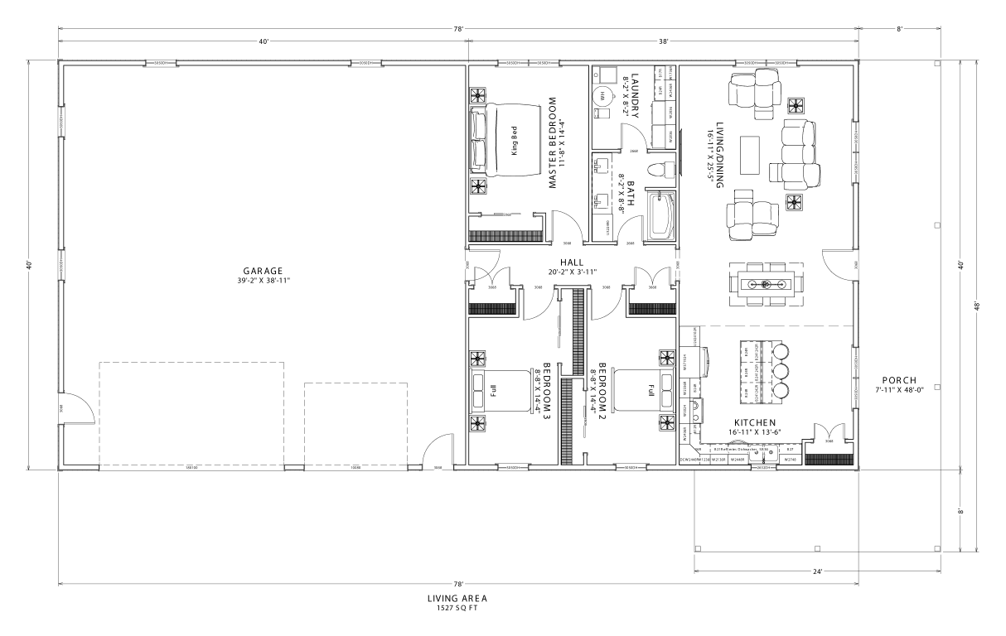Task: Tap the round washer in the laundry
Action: click(x=602, y=96)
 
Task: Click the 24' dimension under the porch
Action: click(x=817, y=571)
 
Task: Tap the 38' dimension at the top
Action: click(x=663, y=40)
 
